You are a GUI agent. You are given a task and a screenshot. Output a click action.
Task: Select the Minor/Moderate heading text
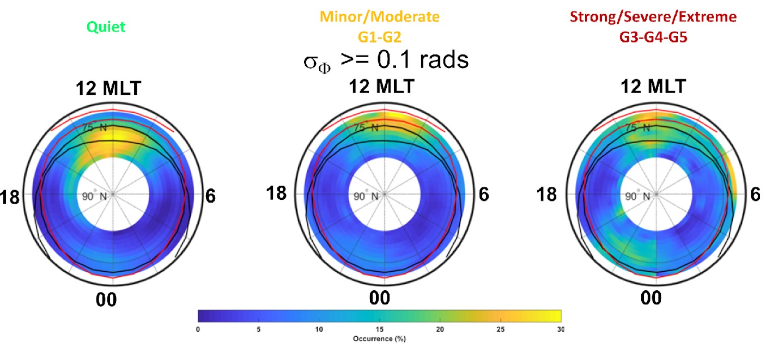click(x=379, y=17)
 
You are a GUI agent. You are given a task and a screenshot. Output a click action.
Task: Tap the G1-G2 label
click(x=379, y=37)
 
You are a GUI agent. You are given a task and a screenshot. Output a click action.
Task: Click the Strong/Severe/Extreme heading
click(x=652, y=17)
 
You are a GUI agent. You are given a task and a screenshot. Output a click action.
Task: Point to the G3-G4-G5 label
click(x=652, y=36)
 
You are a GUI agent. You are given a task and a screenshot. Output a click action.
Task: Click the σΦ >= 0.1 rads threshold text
click(x=386, y=61)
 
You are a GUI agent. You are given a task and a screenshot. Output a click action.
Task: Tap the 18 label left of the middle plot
click(x=276, y=193)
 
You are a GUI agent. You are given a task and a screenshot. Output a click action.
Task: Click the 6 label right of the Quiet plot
click(x=210, y=196)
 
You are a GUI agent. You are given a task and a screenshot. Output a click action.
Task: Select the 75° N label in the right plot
click(x=639, y=128)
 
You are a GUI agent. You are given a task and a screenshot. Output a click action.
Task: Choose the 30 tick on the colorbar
click(x=561, y=329)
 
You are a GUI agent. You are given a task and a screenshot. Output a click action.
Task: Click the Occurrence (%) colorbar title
click(x=379, y=339)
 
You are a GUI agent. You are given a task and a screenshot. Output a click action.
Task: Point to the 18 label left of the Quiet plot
click(x=10, y=196)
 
